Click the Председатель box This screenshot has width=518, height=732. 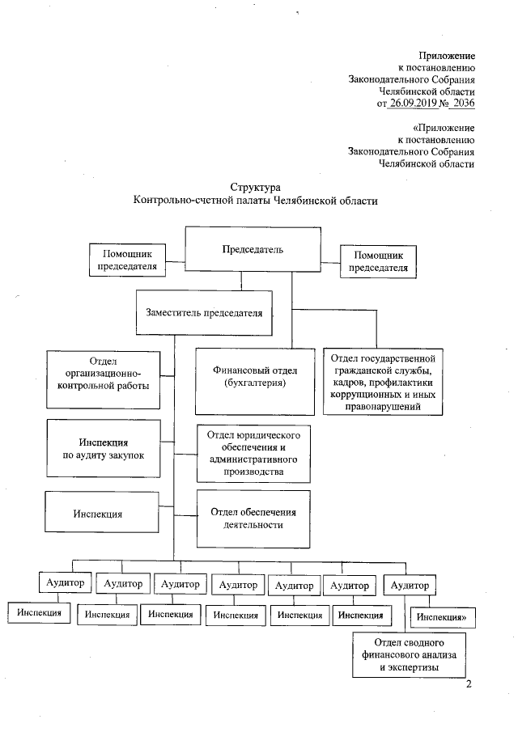(253, 250)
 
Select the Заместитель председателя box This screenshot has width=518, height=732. (204, 312)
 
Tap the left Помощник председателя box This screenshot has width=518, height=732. (127, 260)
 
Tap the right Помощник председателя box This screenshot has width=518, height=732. (375, 260)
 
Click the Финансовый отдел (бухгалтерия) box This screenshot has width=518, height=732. (255, 378)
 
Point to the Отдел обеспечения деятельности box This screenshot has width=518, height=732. (253, 518)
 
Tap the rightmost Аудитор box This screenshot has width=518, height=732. (410, 585)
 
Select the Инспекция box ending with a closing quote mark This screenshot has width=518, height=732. (444, 618)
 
